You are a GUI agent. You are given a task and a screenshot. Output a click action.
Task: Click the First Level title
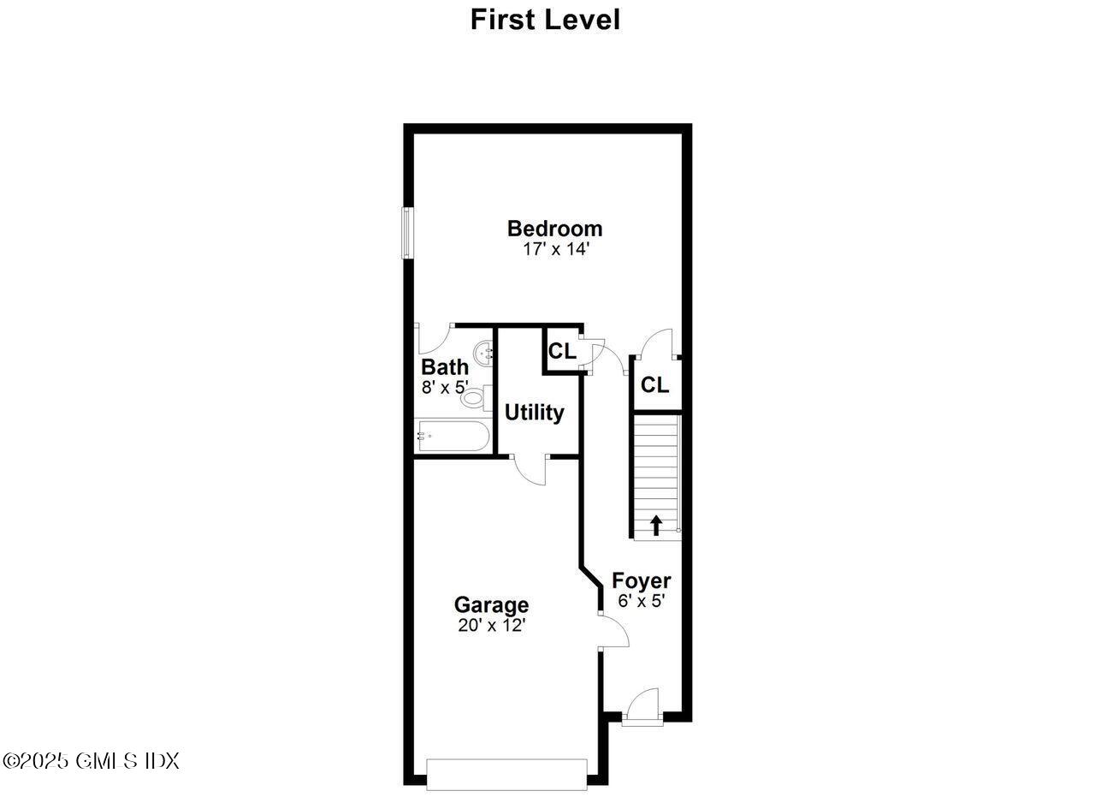(x=545, y=19)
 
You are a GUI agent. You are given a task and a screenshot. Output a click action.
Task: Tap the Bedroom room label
(x=554, y=229)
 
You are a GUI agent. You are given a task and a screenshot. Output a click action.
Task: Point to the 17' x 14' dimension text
(x=556, y=249)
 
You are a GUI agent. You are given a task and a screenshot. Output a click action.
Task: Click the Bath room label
(x=445, y=367)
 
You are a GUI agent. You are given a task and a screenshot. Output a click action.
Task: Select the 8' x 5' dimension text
(x=445, y=386)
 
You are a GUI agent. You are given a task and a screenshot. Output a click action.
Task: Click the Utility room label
(x=535, y=413)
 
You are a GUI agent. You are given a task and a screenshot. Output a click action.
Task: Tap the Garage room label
(x=491, y=605)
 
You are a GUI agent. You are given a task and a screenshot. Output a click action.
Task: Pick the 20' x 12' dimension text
(x=491, y=625)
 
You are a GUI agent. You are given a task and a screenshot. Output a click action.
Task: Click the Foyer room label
(x=641, y=581)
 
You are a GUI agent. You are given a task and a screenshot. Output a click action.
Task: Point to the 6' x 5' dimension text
(x=641, y=601)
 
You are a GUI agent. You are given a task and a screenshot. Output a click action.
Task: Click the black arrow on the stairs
(x=656, y=525)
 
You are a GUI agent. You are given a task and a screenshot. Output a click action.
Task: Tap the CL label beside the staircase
(x=654, y=385)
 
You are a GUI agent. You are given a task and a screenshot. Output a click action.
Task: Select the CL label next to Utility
(x=562, y=351)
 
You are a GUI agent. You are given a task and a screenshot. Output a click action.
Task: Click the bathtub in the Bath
(x=453, y=437)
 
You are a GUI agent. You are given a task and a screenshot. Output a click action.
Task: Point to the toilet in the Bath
(x=475, y=398)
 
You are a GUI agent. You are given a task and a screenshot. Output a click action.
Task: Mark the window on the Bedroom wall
(x=408, y=233)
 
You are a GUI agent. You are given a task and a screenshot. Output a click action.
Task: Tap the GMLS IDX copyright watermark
(x=91, y=760)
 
